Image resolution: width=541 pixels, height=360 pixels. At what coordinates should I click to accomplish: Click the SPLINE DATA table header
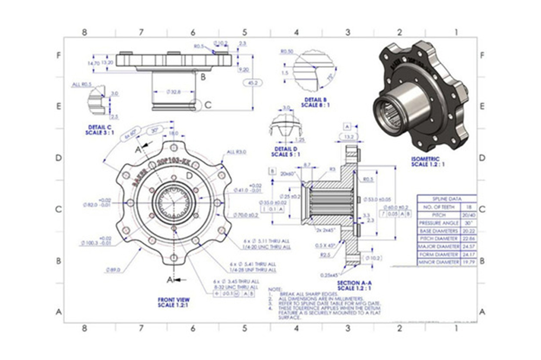[446, 198]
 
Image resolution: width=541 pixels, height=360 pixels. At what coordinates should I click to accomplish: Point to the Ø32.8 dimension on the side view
[172, 92]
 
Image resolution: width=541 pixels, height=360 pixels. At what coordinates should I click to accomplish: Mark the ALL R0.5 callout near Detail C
[82, 84]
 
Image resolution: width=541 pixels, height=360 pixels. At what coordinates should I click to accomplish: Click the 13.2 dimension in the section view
[349, 137]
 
